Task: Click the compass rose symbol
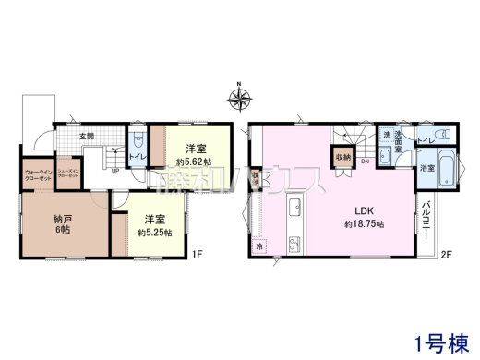tap(239, 96)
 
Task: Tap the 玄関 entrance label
tap(86, 136)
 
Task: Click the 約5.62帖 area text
tap(193, 162)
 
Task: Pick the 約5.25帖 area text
tap(154, 233)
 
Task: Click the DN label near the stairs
tap(365, 162)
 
